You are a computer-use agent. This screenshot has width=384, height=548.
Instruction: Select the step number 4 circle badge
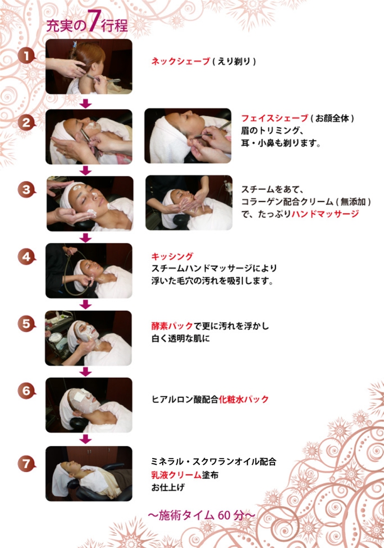click(26, 257)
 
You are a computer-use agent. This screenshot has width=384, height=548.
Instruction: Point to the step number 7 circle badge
click(26, 464)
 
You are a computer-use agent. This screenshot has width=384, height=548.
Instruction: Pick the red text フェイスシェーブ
click(274, 118)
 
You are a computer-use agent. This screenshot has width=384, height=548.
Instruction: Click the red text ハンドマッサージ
click(325, 214)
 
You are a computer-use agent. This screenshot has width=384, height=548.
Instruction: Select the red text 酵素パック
click(172, 326)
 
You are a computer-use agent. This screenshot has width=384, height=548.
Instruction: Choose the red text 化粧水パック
click(244, 399)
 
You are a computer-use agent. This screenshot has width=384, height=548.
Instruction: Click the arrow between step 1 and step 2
click(85, 103)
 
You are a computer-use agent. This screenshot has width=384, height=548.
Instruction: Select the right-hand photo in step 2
click(188, 136)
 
